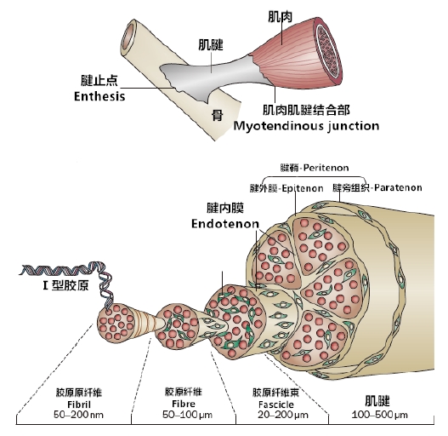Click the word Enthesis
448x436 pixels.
99,96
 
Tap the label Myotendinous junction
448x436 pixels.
306,126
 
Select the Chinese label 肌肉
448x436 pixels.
280,16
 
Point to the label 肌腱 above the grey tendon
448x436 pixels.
211,45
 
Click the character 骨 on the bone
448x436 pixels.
217,115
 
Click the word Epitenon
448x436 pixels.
303,189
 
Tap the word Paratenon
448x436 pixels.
398,188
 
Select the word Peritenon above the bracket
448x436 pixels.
326,168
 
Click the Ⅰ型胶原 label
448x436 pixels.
65,285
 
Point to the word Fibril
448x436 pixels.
79,404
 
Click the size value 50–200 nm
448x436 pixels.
78,415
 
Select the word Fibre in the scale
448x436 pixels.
184,404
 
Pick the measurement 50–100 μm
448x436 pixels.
187,415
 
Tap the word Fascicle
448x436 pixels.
276,404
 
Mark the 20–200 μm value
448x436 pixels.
283,415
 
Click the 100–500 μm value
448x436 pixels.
379,415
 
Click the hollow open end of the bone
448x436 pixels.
128,37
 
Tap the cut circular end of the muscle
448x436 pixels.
328,51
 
